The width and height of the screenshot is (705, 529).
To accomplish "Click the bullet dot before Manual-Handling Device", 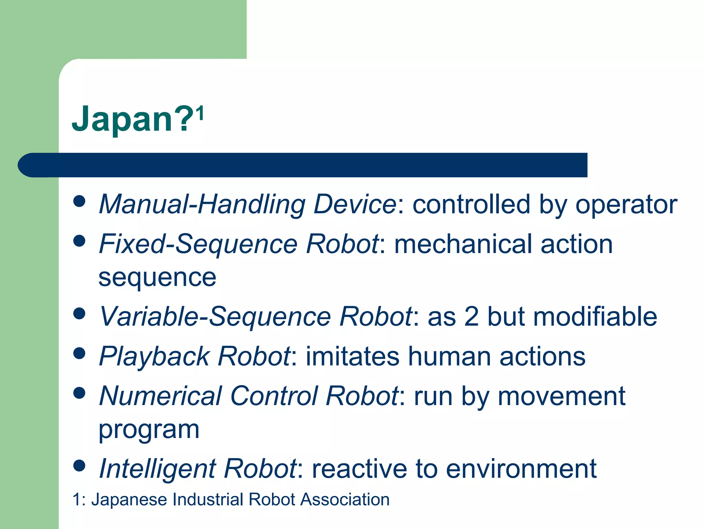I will click(x=79, y=201).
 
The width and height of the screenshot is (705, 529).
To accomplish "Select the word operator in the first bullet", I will click(x=626, y=205).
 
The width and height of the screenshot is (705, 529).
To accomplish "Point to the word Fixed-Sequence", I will click(x=198, y=244).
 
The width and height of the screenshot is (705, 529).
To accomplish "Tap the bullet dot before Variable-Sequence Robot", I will click(x=79, y=313).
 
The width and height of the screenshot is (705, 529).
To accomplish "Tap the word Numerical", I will click(x=160, y=396).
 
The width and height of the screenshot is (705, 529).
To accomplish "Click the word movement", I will click(x=561, y=396).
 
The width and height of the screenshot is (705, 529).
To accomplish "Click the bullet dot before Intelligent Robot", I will click(x=79, y=466).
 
